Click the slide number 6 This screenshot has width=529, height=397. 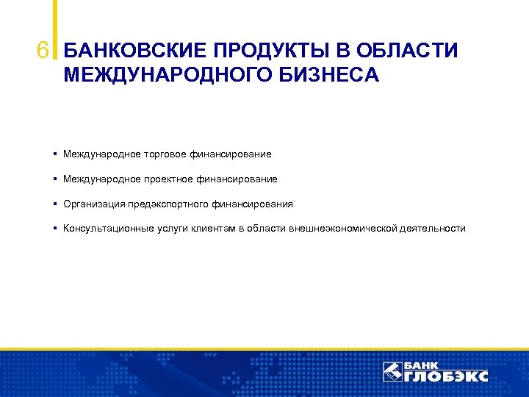[43, 51]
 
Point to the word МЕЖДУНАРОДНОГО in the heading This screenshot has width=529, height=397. [169, 75]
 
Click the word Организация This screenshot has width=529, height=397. [94, 204]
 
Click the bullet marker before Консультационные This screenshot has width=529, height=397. [56, 229]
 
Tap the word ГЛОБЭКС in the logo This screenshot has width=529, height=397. [446, 376]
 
